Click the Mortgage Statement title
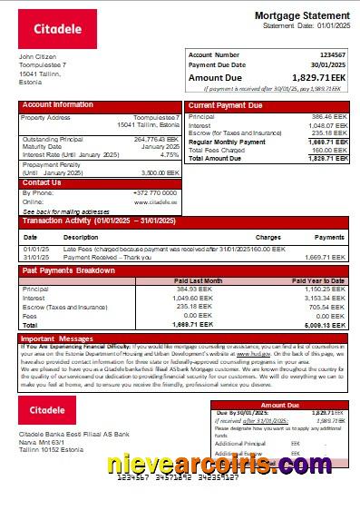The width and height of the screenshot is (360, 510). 301,16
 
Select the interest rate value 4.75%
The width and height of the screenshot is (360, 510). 169,154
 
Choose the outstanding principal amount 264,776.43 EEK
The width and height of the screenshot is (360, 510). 157,140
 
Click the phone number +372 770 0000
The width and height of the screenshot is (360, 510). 156,192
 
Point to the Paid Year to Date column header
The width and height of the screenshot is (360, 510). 317,280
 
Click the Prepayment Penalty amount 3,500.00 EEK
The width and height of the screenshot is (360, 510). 160,172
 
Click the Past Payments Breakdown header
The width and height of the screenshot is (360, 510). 68,270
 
